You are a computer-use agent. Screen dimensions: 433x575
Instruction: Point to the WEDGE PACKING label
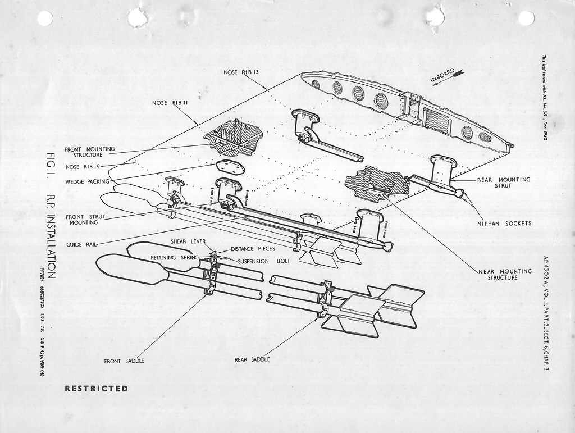pyautogui.click(x=89, y=182)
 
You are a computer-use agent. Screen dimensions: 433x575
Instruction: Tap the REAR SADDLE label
pyautogui.click(x=253, y=358)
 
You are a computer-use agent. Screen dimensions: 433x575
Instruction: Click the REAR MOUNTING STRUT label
pyautogui.click(x=504, y=183)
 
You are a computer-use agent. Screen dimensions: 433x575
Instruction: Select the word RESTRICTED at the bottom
pyautogui.click(x=97, y=388)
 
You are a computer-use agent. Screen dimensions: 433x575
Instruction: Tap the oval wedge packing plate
pyautogui.click(x=230, y=167)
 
